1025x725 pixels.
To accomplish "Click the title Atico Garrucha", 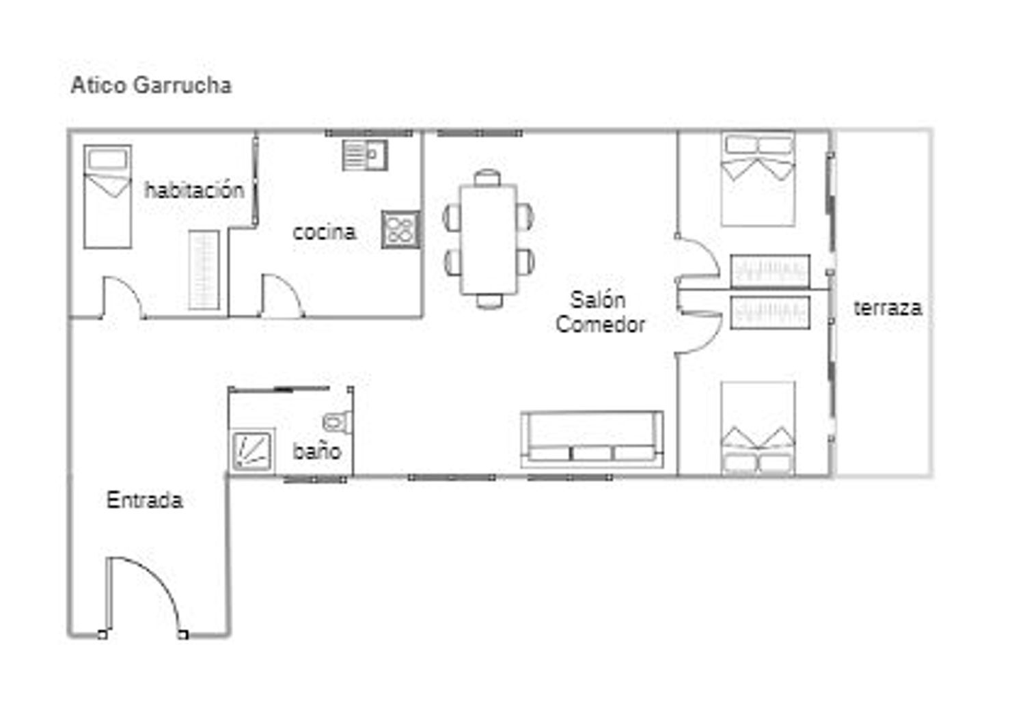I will (x=151, y=85).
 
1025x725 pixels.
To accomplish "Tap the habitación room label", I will (x=194, y=190).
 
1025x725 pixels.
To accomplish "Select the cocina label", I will (x=324, y=232).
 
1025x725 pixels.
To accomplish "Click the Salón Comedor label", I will (x=599, y=312).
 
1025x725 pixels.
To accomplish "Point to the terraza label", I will (x=887, y=307).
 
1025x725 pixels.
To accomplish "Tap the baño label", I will (x=316, y=451).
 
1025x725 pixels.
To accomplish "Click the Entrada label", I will (x=144, y=500).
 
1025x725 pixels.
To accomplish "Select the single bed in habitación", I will (x=107, y=197).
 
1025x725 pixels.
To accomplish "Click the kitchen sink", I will (x=365, y=155).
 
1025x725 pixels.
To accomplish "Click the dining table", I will (x=489, y=239).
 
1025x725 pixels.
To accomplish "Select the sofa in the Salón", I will (x=592, y=439).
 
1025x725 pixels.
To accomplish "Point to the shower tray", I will (x=254, y=450).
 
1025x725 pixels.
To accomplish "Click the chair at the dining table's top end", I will (x=488, y=178).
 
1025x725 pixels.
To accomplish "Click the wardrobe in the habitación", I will (x=204, y=270).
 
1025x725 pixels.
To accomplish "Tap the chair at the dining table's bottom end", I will (x=489, y=301).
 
